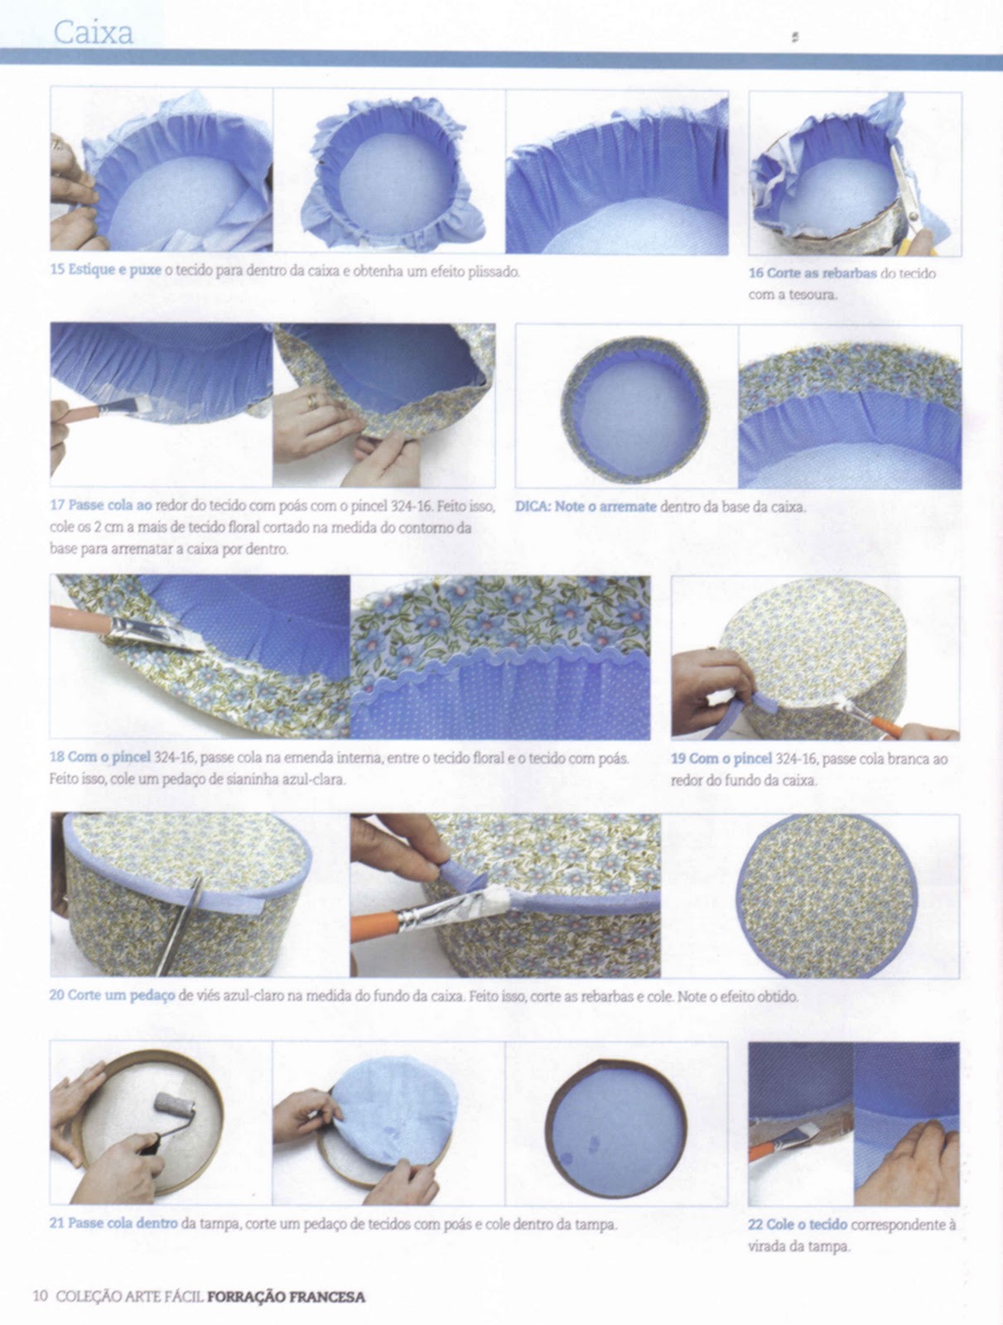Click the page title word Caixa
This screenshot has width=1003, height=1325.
pos(94,32)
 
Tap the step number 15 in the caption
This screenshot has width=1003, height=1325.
pos(57,270)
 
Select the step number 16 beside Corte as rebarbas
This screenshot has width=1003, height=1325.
pos(755,272)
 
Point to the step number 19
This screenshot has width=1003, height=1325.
pos(678,759)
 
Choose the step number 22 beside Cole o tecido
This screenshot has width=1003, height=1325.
pos(755,1224)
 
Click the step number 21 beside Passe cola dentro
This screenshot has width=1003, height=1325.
pos(57,1223)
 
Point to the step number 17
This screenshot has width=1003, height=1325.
pos(57,504)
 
